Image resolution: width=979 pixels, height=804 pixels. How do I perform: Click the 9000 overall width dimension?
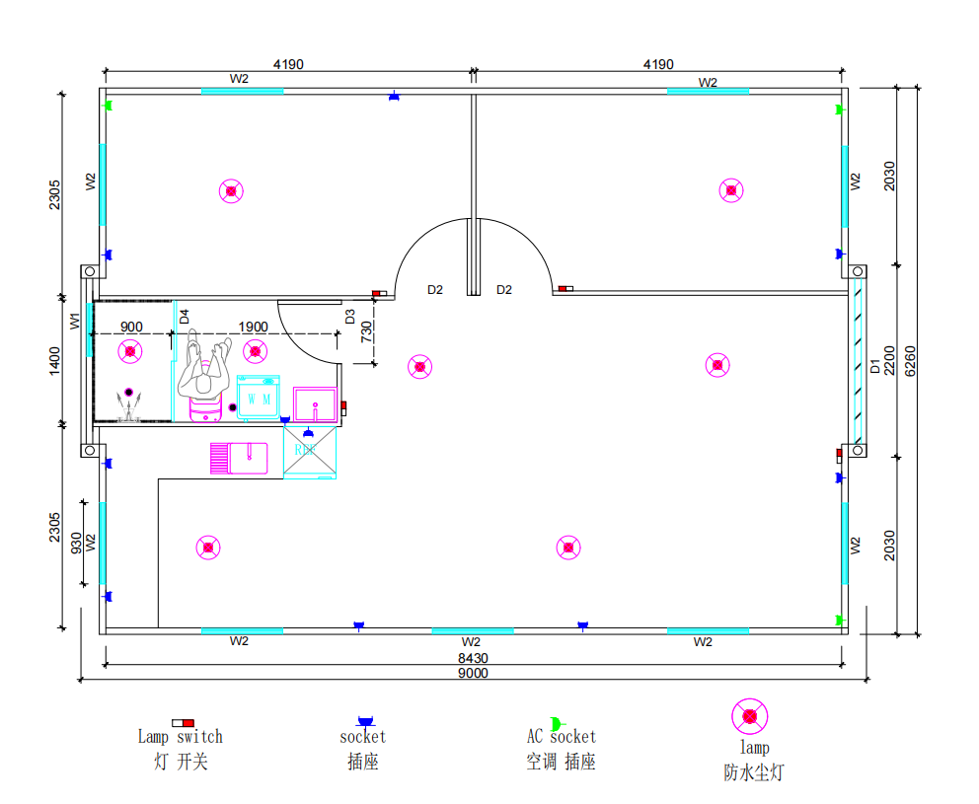point(473,673)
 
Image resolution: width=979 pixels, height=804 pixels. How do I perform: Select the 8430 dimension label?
point(473,658)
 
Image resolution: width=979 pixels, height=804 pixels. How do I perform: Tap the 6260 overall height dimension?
point(910,361)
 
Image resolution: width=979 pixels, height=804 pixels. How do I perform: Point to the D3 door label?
point(349,317)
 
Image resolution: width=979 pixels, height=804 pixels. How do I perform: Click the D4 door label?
point(185,317)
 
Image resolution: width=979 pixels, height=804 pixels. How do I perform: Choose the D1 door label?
point(874,366)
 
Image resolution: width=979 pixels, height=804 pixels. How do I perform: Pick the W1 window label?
point(75,321)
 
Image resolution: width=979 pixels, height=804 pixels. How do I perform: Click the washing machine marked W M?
point(259,397)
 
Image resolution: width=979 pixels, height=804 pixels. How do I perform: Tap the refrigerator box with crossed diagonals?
point(310,452)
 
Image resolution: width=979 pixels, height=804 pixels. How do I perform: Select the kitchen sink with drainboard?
point(239,458)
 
